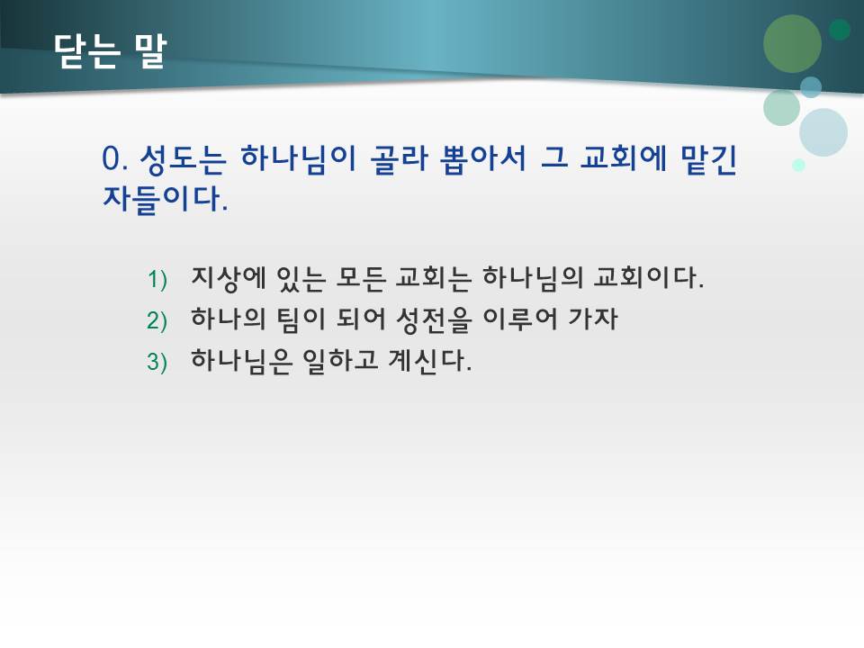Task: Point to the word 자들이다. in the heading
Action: coord(166,198)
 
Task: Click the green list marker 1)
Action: coord(157,280)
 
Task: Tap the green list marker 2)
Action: coord(157,321)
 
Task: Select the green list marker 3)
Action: coord(157,363)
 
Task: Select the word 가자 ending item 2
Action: coord(594,319)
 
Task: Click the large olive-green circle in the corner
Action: coord(793,44)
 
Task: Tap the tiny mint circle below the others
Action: coord(798,165)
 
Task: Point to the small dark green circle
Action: coord(840,30)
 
